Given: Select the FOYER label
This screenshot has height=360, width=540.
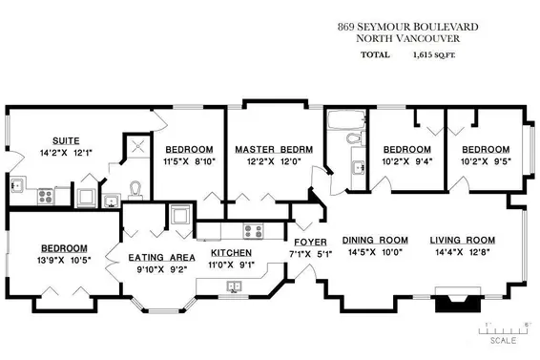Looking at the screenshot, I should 310,242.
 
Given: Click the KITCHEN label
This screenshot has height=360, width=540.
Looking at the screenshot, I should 230,254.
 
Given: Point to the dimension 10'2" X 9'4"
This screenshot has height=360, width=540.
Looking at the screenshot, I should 407,162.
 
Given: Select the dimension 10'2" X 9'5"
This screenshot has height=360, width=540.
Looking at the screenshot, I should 487,162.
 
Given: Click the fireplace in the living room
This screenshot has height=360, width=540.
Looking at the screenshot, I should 454,305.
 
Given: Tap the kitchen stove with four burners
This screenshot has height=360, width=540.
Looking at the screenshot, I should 254,229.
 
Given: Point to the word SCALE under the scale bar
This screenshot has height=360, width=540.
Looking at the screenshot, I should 504,340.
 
